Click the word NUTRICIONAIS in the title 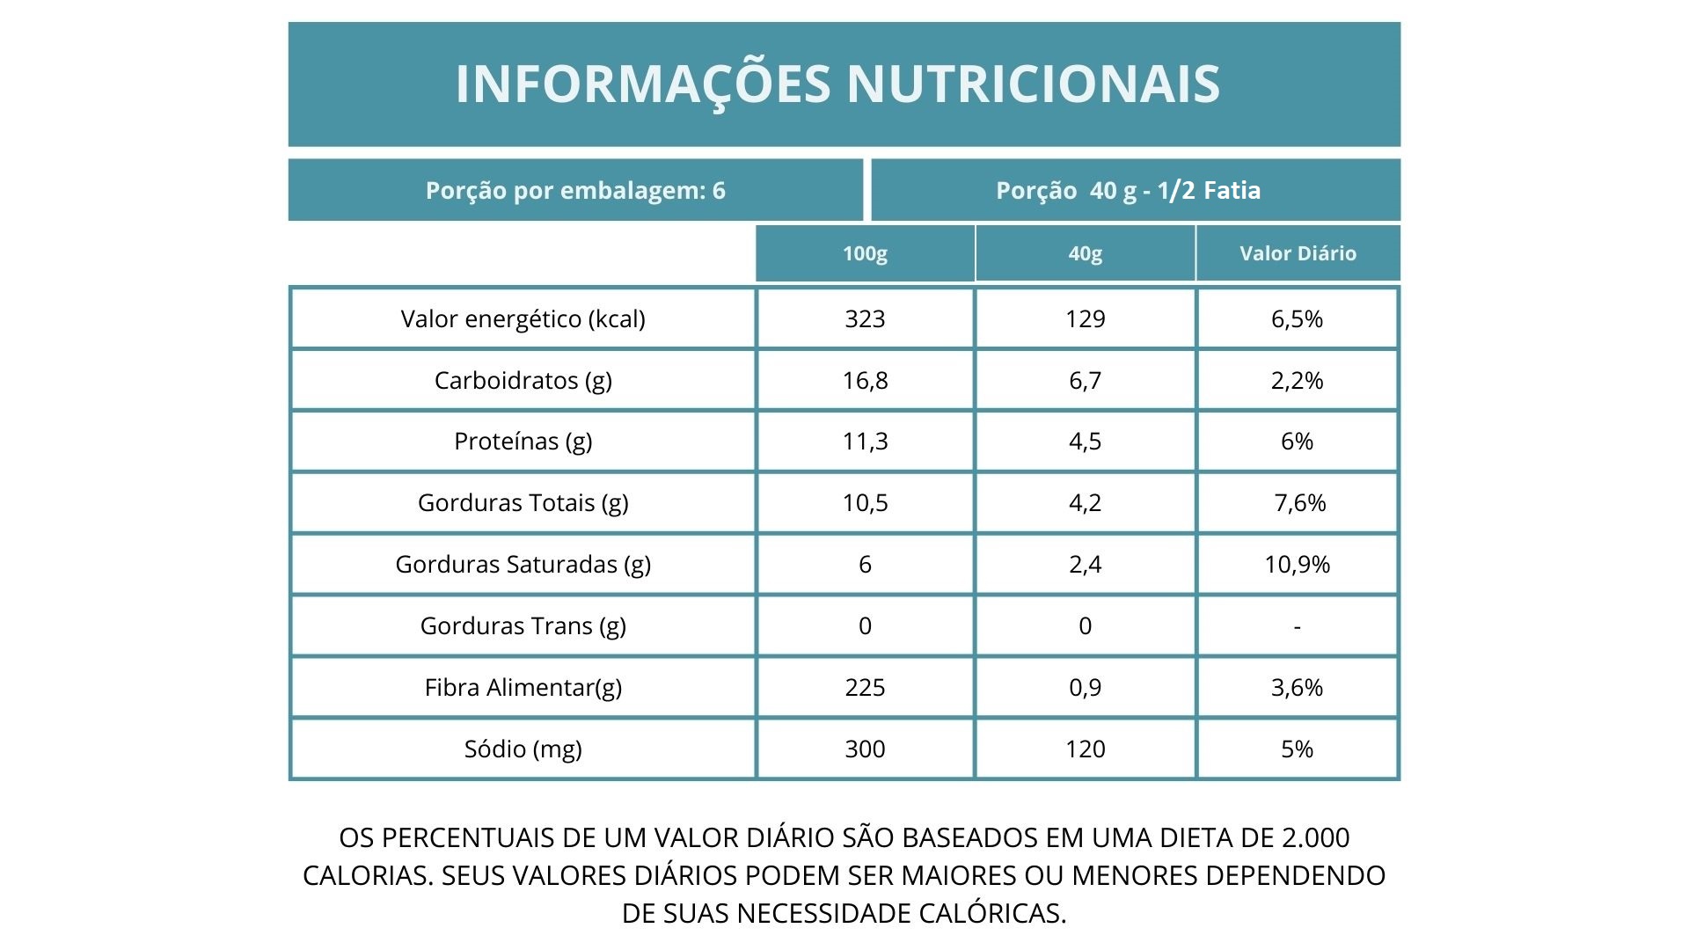[1033, 84]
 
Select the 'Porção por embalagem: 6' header [575, 191]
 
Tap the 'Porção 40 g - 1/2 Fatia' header [1128, 191]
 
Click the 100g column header [865, 253]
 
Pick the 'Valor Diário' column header [1298, 253]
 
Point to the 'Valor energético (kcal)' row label [523, 318]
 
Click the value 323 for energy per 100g [865, 318]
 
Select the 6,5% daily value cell [1297, 318]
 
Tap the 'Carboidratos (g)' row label [523, 380]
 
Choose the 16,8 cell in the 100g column [865, 380]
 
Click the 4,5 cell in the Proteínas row [1085, 441]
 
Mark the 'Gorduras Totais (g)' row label [523, 502]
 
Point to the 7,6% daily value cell [1299, 502]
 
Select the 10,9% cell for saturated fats [1297, 564]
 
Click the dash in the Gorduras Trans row [1297, 626]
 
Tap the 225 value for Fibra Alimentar [865, 687]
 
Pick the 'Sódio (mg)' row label [523, 749]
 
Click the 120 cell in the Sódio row [1085, 749]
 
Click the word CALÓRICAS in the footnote [991, 913]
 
